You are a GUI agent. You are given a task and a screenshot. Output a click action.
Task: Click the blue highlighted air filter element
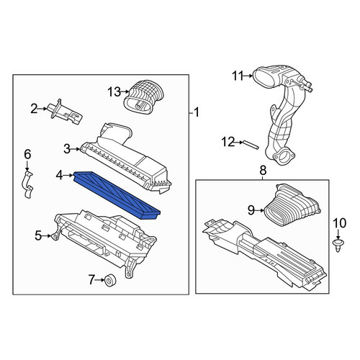[117, 195]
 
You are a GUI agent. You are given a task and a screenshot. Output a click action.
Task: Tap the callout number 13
[114, 91]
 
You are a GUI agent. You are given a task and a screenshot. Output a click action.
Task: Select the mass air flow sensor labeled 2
[66, 113]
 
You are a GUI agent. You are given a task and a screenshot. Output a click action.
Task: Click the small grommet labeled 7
[111, 281]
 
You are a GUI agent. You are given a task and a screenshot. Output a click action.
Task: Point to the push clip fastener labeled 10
[338, 245]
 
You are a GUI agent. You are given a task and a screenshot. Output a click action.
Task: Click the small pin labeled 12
[251, 145]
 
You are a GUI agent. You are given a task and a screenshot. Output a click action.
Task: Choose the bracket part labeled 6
[27, 184]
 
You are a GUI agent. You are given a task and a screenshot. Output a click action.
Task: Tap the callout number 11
[238, 76]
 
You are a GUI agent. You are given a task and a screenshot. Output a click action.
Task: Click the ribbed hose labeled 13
[143, 96]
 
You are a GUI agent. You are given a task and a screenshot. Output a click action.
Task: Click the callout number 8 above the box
[263, 171]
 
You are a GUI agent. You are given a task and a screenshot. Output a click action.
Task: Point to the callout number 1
[197, 112]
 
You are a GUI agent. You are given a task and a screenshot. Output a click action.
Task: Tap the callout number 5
[38, 235]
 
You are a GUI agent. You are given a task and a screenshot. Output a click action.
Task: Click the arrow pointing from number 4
[68, 176]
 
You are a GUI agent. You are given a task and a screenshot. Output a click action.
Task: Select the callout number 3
[67, 149]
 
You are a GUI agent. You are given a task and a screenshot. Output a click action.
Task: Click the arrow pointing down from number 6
[27, 166]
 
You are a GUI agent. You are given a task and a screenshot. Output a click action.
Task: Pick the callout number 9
[251, 210]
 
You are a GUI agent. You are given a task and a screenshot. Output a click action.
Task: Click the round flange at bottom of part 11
[283, 156]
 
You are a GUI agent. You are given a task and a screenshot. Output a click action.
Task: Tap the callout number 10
[340, 223]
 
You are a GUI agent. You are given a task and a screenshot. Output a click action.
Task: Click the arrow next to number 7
[100, 280]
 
